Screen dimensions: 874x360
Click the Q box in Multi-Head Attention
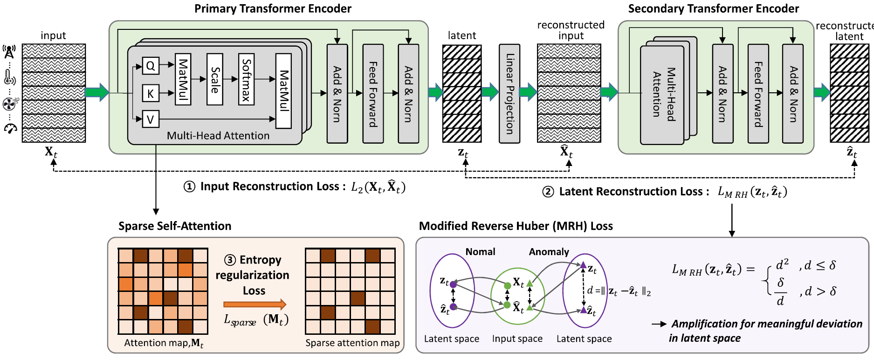(x=151, y=66)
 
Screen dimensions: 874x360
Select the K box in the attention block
(x=151, y=93)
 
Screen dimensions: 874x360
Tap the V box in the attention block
(x=151, y=119)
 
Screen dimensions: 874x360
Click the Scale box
(x=215, y=79)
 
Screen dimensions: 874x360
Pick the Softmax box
(x=246, y=79)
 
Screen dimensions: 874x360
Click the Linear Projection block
(x=509, y=93)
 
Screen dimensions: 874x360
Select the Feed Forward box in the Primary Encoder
(x=373, y=93)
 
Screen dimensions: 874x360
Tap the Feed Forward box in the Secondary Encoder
(x=758, y=93)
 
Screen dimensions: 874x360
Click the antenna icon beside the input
(x=9, y=52)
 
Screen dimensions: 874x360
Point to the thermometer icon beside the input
(x=10, y=77)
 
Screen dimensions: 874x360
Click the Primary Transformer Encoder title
(x=273, y=9)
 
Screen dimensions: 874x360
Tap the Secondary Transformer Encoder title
(x=714, y=9)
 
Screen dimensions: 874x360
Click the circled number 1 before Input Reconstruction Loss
(x=189, y=187)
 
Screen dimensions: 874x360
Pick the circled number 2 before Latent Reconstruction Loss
(x=548, y=192)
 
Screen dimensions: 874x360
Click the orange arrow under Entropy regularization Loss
(x=255, y=305)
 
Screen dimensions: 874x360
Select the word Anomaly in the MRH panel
(x=549, y=252)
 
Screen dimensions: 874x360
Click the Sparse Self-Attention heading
(x=175, y=226)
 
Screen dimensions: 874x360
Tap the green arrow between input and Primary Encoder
(x=97, y=92)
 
